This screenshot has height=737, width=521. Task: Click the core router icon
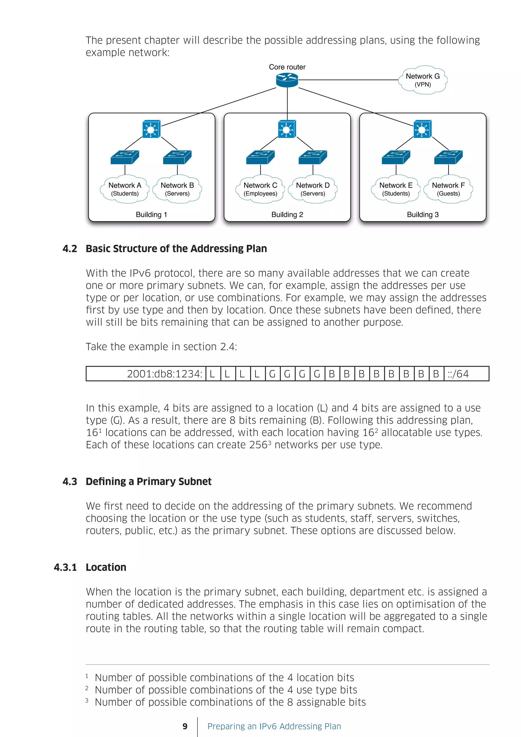(x=287, y=80)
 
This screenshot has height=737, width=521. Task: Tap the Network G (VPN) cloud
(x=423, y=80)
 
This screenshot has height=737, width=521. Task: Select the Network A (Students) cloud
(x=125, y=189)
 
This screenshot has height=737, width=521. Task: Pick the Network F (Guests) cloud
(x=448, y=189)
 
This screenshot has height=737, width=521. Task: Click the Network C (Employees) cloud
(x=260, y=189)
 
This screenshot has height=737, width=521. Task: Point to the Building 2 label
(x=287, y=215)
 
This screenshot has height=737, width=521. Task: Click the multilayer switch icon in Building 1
(x=151, y=129)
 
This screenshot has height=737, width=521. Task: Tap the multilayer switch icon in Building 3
(x=422, y=129)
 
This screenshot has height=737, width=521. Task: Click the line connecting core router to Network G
(x=348, y=80)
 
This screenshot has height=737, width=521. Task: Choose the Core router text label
(x=287, y=67)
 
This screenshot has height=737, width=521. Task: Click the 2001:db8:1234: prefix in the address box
(x=165, y=374)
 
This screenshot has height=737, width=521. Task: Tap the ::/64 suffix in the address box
(x=458, y=374)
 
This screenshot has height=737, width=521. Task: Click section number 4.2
(x=70, y=249)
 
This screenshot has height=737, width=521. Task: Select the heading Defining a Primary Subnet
(x=149, y=481)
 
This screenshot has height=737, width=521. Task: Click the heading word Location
(x=106, y=567)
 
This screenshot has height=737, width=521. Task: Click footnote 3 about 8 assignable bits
(x=230, y=702)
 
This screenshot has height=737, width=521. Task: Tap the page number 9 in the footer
(x=185, y=726)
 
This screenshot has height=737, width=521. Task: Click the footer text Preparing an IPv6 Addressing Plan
(x=274, y=726)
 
